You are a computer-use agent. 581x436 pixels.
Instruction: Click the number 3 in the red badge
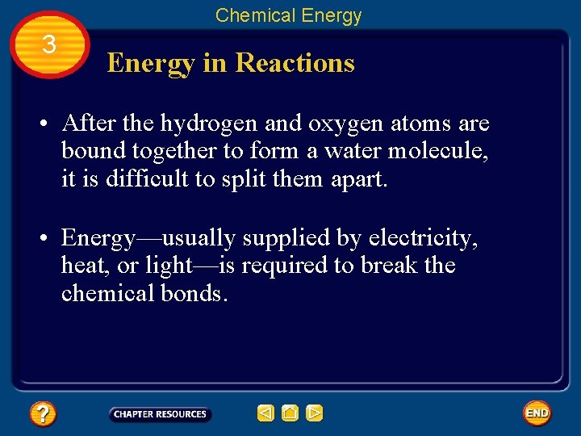[x=48, y=44]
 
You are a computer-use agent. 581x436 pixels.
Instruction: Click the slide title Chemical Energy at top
[x=288, y=15]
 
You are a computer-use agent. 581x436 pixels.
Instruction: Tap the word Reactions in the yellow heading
[x=295, y=63]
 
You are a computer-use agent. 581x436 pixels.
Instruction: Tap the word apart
[x=359, y=178]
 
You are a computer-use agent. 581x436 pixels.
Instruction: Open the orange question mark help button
[x=43, y=414]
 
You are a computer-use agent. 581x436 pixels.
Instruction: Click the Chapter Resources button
[x=160, y=414]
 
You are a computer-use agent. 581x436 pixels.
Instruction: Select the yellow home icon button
[x=290, y=414]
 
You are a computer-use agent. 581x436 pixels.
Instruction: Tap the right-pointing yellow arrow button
[x=315, y=414]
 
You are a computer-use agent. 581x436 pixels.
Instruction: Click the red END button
[x=537, y=413]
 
